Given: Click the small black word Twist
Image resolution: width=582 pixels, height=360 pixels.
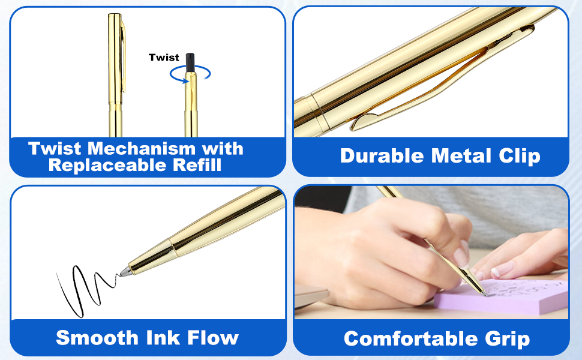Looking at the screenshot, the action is coord(164,58).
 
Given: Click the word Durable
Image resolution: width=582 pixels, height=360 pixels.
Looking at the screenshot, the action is coord(382,155).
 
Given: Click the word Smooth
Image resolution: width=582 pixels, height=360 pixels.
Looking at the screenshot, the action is coord(97,338).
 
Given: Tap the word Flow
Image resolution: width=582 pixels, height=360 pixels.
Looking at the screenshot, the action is coord(212,338).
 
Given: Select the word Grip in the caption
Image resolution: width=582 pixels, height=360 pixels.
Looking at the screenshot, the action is coord(508,339).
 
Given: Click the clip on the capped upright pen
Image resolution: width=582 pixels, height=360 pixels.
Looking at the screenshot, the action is coord(123,56).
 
